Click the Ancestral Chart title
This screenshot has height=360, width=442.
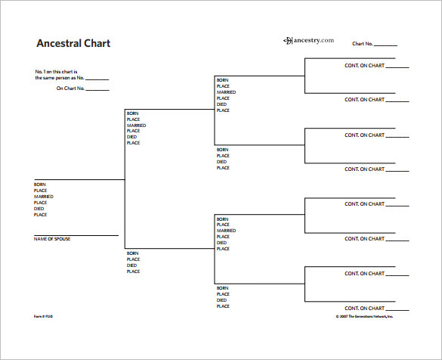(x=73, y=43)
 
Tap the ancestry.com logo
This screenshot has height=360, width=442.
(x=308, y=40)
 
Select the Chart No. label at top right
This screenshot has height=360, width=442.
(x=363, y=44)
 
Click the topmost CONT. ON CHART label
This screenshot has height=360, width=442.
(x=365, y=66)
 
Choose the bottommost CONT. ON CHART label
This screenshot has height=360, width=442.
(x=365, y=308)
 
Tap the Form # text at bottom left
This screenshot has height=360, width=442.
(x=43, y=316)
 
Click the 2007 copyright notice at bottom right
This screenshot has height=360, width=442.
(x=364, y=316)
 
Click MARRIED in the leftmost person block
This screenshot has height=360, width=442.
(x=43, y=197)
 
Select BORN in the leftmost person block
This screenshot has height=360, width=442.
(x=39, y=185)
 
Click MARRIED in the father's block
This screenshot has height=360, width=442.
(x=136, y=126)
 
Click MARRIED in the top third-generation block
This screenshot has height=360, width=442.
(x=226, y=92)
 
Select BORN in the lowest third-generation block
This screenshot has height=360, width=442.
(x=222, y=288)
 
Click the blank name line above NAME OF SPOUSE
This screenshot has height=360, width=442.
(x=76, y=234)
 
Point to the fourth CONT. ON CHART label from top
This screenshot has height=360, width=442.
(x=365, y=169)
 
